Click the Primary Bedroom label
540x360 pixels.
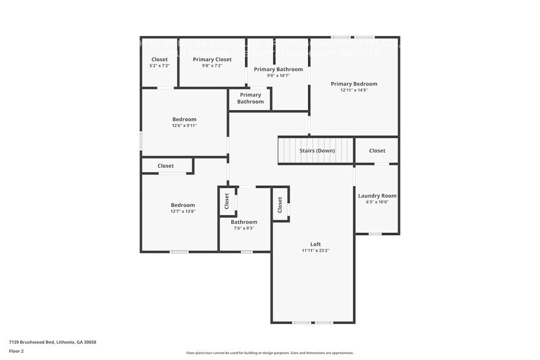click(x=354, y=84)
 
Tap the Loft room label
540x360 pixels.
click(x=315, y=244)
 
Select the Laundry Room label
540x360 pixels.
click(x=377, y=196)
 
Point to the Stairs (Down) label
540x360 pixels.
click(x=317, y=151)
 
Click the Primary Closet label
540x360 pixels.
click(x=212, y=59)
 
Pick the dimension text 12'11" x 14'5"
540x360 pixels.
click(x=354, y=91)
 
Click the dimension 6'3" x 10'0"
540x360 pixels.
click(x=377, y=202)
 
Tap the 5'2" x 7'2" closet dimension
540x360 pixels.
click(x=159, y=66)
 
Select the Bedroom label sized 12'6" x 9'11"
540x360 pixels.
click(x=184, y=119)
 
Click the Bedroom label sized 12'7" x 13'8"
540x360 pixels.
click(x=182, y=205)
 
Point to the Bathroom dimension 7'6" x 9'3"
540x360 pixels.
click(x=244, y=228)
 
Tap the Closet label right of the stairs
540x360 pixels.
click(x=377, y=151)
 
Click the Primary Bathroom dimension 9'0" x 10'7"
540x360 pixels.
click(x=279, y=76)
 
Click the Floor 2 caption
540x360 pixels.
click(x=17, y=351)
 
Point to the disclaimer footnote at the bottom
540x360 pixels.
click(x=270, y=353)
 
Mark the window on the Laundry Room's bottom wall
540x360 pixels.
click(x=375, y=234)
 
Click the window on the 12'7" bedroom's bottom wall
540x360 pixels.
click(x=179, y=252)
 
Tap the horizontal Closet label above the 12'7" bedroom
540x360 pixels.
click(x=165, y=166)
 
